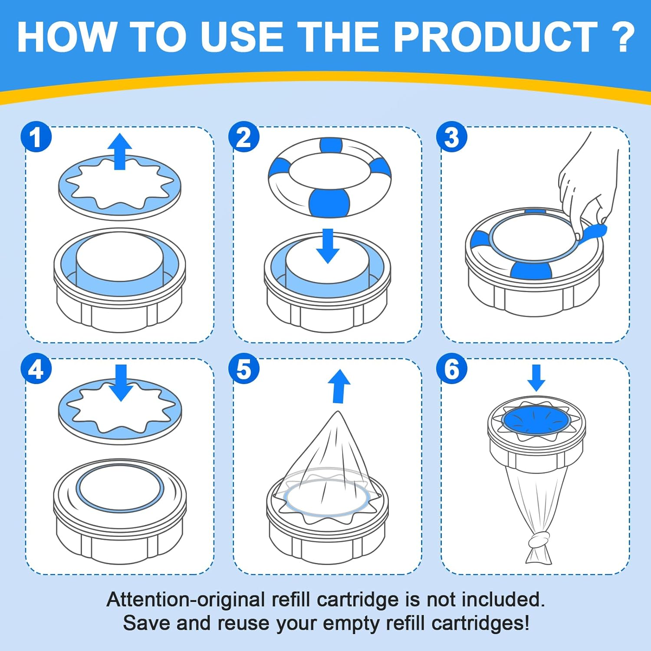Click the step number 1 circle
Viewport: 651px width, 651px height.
[x=36, y=137]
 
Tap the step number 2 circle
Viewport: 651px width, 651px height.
[x=244, y=137]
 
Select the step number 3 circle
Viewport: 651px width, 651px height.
[x=452, y=137]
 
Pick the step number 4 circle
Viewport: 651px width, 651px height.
[x=36, y=369]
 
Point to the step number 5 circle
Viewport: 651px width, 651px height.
[x=244, y=369]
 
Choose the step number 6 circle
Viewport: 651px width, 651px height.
[x=452, y=369]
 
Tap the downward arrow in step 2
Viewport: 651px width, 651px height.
[x=328, y=246]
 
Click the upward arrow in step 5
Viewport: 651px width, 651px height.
[x=339, y=386]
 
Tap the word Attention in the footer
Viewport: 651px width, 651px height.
[x=148, y=599]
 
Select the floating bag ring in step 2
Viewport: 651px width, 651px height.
[x=330, y=178]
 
